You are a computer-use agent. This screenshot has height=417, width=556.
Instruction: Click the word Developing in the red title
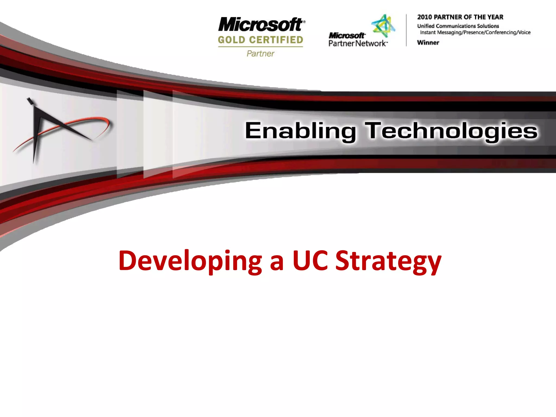point(190,261)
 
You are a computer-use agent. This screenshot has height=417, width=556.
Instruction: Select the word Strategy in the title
point(388,261)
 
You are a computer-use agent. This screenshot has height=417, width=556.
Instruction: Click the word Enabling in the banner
point(300,131)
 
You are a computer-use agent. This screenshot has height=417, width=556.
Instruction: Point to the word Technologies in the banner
point(451,131)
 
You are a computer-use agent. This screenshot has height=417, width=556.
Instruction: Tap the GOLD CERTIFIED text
point(260,40)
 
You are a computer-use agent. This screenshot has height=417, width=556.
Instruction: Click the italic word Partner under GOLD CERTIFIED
point(260,53)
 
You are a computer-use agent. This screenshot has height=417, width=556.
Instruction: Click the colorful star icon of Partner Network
point(383,26)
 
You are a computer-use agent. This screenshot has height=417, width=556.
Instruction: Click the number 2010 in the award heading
point(425,17)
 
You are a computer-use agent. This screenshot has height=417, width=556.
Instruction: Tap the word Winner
point(428,43)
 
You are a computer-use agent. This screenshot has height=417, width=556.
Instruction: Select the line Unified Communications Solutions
point(458,26)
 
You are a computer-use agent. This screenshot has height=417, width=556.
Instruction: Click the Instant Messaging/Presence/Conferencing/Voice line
point(475,33)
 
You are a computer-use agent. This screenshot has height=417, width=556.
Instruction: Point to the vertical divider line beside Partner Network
point(406,30)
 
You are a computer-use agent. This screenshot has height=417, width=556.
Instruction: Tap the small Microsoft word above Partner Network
point(346,36)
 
